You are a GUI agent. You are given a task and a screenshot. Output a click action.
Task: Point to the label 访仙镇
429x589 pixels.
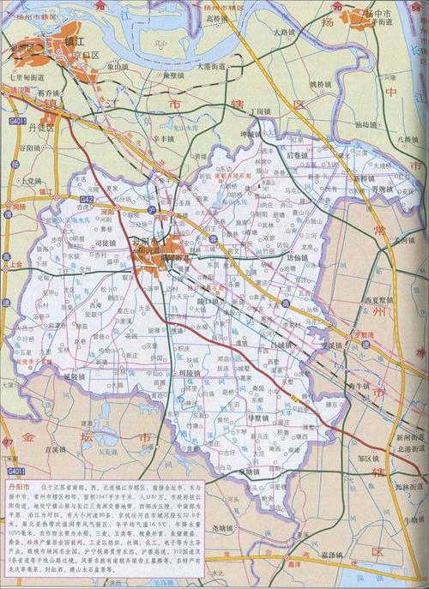click(297, 257)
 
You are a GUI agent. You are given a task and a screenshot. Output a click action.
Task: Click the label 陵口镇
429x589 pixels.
click(209, 301)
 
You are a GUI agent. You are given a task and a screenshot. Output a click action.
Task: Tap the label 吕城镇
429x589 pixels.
click(281, 345)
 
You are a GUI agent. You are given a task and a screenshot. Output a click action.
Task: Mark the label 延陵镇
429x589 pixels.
click(76, 376)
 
